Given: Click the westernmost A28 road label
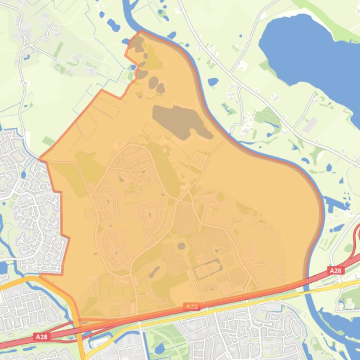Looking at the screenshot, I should [42, 336].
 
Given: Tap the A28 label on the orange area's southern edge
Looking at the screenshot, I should [191, 307].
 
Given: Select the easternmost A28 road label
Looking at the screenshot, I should [336, 271].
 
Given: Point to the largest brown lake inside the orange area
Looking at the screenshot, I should [180, 121].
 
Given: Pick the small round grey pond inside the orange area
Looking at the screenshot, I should [181, 246].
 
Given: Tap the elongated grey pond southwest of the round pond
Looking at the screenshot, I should [154, 272].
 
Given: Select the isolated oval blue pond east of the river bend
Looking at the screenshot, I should [213, 82].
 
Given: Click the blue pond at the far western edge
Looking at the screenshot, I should [3, 267].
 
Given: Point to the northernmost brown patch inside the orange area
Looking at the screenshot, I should [137, 45].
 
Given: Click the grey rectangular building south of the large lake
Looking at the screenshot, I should [309, 125].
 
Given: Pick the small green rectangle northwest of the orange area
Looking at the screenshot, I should [49, 141].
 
